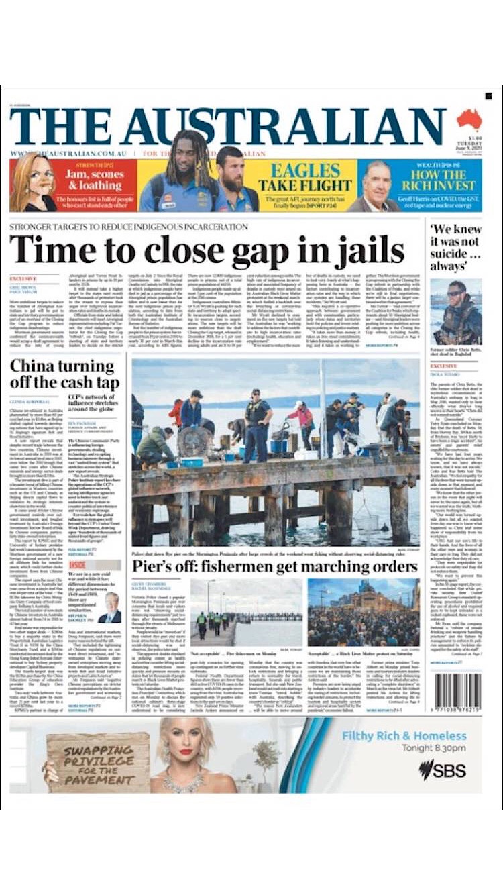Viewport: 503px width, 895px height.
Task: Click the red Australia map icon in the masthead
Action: (469, 119)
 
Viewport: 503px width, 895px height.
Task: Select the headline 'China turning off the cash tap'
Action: (62, 374)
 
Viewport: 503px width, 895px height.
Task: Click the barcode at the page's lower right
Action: (458, 692)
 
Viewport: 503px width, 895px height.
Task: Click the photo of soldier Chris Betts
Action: (456, 312)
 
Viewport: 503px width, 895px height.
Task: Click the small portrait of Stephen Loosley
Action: (111, 607)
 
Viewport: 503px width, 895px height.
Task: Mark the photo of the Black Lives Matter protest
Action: (363, 613)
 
